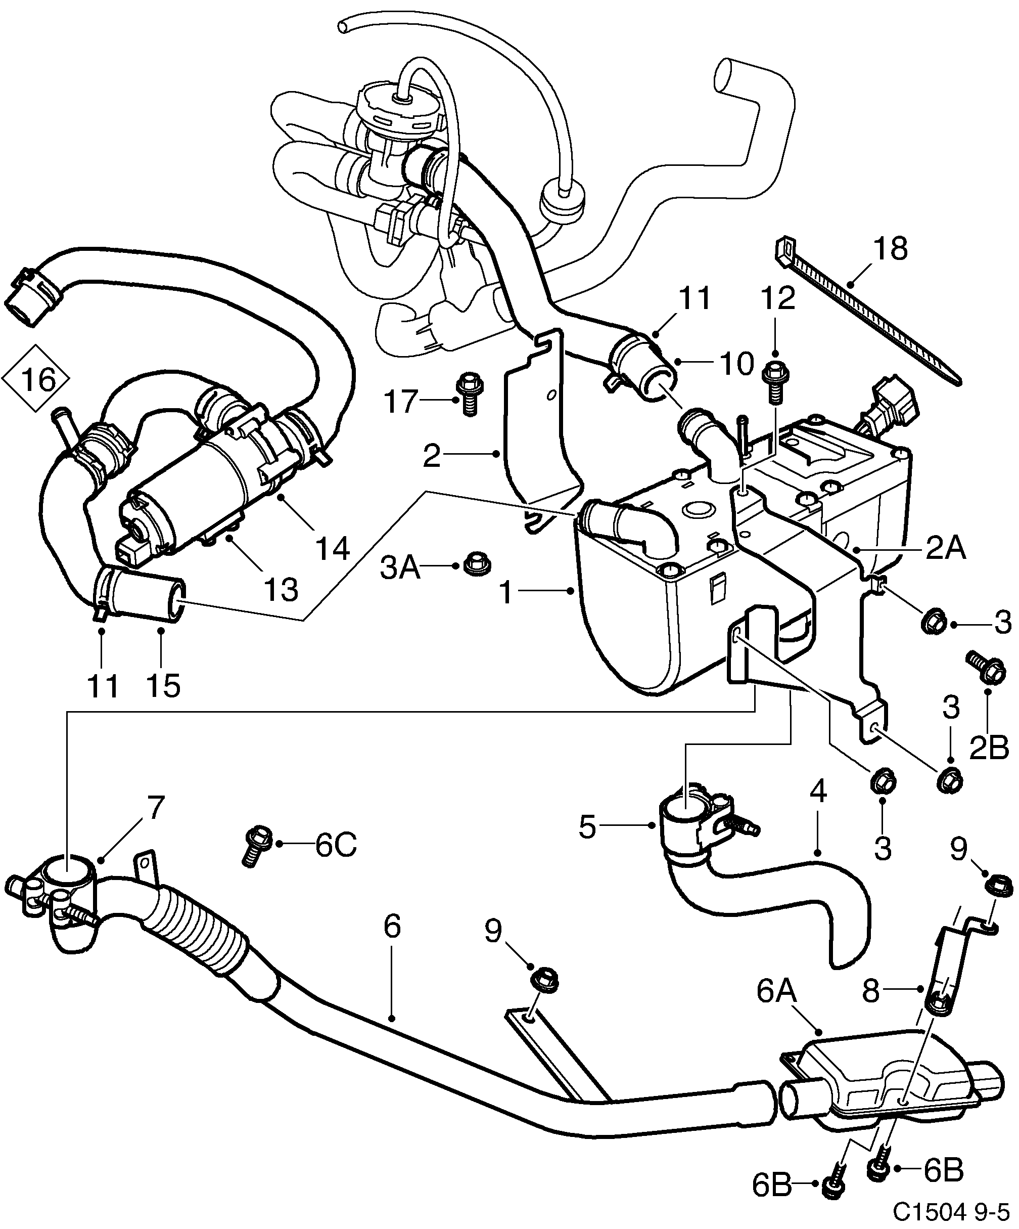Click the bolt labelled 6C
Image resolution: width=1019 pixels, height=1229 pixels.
(256, 847)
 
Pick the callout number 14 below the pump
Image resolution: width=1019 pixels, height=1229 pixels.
(332, 548)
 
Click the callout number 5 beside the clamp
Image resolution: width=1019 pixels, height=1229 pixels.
(587, 828)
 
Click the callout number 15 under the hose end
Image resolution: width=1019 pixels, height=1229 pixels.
(164, 685)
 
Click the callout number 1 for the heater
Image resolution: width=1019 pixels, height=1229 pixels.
(506, 593)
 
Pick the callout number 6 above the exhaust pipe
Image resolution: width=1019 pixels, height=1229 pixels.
(393, 927)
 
